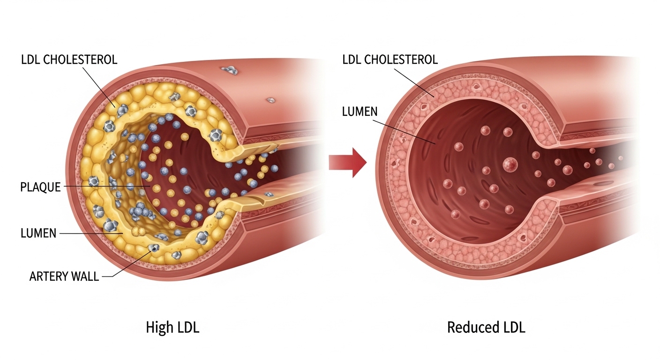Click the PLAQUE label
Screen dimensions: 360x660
40,187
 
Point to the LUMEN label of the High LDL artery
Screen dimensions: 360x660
38,233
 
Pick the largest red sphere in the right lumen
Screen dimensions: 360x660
510,164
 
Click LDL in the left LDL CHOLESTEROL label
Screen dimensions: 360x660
31,60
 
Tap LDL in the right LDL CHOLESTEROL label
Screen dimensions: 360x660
352,60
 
